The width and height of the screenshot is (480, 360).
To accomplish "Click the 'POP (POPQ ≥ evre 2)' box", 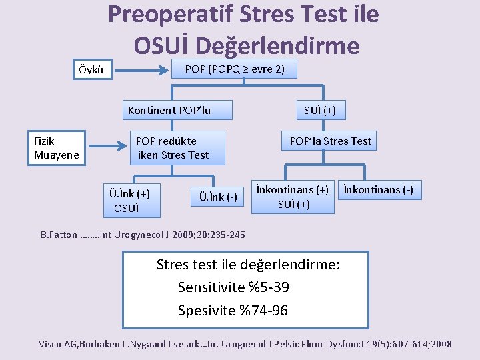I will point(234,69).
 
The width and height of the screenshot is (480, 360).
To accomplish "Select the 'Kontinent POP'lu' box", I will point(169,110).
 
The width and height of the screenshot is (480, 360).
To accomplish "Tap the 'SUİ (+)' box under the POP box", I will point(320,110).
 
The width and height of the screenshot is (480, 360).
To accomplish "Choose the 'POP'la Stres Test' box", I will point(330,141).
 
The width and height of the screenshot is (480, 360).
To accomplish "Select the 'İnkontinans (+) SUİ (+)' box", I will point(293,197).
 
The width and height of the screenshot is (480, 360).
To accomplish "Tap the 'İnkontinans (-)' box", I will point(378,190).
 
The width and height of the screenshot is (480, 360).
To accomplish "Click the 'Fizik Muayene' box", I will point(57,148).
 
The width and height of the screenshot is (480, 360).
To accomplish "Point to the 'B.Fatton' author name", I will point(58,235).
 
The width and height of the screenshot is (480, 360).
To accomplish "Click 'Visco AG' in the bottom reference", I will point(59,344).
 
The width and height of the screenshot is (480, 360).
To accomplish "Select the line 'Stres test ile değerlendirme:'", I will point(248,265).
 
